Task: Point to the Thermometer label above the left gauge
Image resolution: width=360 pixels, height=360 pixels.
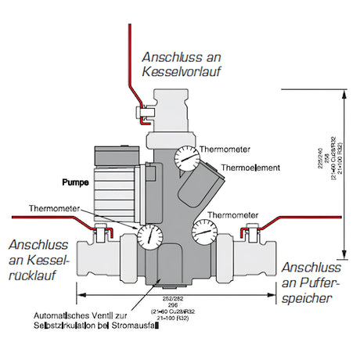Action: [x=54, y=209]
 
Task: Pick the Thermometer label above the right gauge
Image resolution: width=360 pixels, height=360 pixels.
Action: [x=236, y=214]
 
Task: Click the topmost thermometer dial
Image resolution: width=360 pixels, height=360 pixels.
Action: [x=187, y=159]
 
